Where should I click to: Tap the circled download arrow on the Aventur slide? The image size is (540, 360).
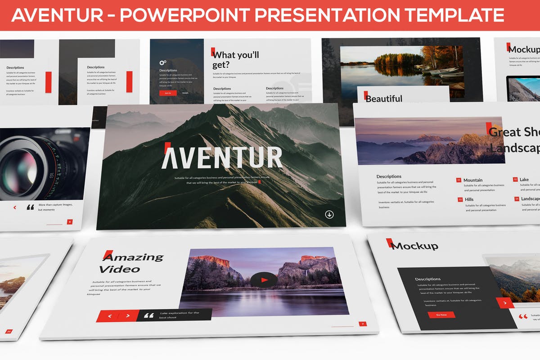click(x=329, y=214)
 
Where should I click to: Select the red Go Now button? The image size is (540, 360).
click(x=441, y=315)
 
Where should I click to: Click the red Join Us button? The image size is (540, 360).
click(x=168, y=93)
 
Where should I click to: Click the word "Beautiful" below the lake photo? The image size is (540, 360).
click(x=384, y=99)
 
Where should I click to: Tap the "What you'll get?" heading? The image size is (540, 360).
click(x=236, y=60)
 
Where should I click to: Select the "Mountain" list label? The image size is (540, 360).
click(x=473, y=180)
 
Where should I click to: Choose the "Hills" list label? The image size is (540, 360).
click(x=469, y=199)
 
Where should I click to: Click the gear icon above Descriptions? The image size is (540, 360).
click(x=162, y=63)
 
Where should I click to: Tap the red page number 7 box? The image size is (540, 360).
click(x=363, y=324)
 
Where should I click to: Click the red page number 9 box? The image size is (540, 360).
click(x=70, y=221)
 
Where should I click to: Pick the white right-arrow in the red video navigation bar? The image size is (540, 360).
click(x=128, y=316)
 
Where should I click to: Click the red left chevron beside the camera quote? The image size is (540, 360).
click(x=15, y=207)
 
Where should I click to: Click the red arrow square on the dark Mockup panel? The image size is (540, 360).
click(x=505, y=303)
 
